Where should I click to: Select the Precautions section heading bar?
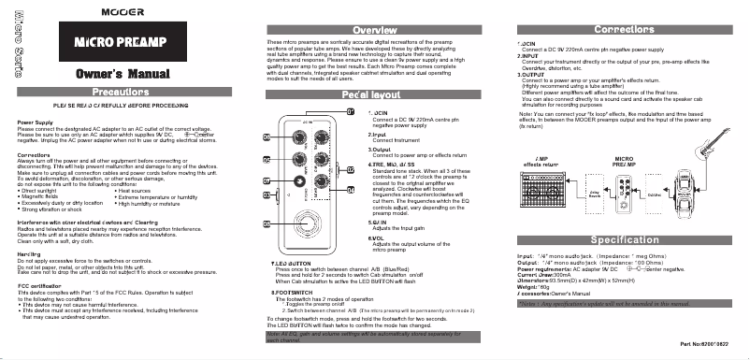tap(117, 92)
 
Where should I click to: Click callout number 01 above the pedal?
tap(351, 112)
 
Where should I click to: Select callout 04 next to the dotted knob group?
tap(351, 188)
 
